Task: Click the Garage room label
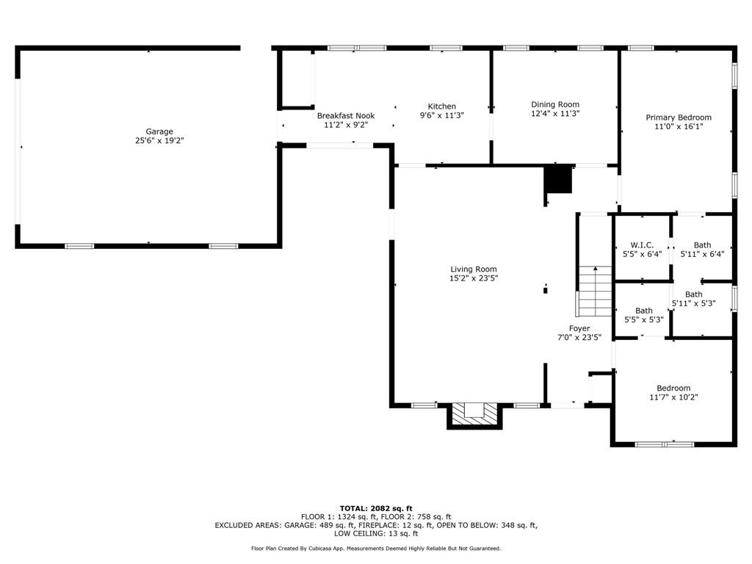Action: tap(159, 131)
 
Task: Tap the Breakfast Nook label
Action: tap(346, 116)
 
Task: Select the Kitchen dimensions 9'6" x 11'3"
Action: tap(442, 115)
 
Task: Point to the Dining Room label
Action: tap(555, 104)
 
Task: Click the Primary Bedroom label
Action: tap(679, 117)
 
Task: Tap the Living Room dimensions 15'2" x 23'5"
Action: tap(474, 278)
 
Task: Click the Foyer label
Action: tap(579, 328)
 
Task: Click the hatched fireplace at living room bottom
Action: tap(475, 414)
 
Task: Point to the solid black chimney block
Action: tap(558, 179)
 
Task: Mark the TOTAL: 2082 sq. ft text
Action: tap(376, 508)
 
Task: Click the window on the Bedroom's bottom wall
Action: tap(664, 444)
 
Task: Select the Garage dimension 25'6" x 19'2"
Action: tap(159, 140)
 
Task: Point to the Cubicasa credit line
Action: tap(376, 549)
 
